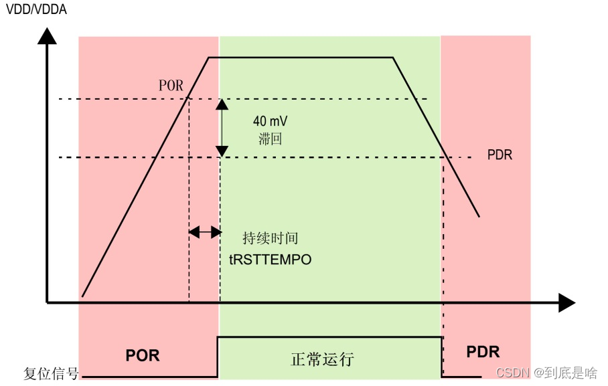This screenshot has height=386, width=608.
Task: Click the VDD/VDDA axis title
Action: pos(36,9)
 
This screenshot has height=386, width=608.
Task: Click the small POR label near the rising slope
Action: pos(171,86)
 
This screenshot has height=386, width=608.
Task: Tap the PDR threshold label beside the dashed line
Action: pos(500,155)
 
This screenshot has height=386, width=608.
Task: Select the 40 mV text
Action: pos(270,122)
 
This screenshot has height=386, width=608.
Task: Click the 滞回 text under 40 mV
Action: pos(270,138)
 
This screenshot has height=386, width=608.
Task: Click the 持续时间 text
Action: pos(270,239)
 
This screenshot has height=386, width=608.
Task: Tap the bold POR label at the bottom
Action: pos(143,355)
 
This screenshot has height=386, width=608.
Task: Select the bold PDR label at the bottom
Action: pos(483,352)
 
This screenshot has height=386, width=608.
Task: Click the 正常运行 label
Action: pos(322,359)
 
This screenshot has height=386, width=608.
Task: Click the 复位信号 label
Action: pos(51,373)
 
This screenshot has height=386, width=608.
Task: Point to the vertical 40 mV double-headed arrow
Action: pos(220,128)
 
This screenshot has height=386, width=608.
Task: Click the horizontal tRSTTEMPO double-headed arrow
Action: pos(204,232)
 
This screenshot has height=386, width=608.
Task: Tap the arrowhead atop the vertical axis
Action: pos(46,35)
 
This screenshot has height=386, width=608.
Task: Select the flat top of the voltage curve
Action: pos(301,58)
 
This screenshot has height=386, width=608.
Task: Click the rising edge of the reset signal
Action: pos(218,357)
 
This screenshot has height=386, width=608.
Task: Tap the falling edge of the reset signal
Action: pos(442,357)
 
